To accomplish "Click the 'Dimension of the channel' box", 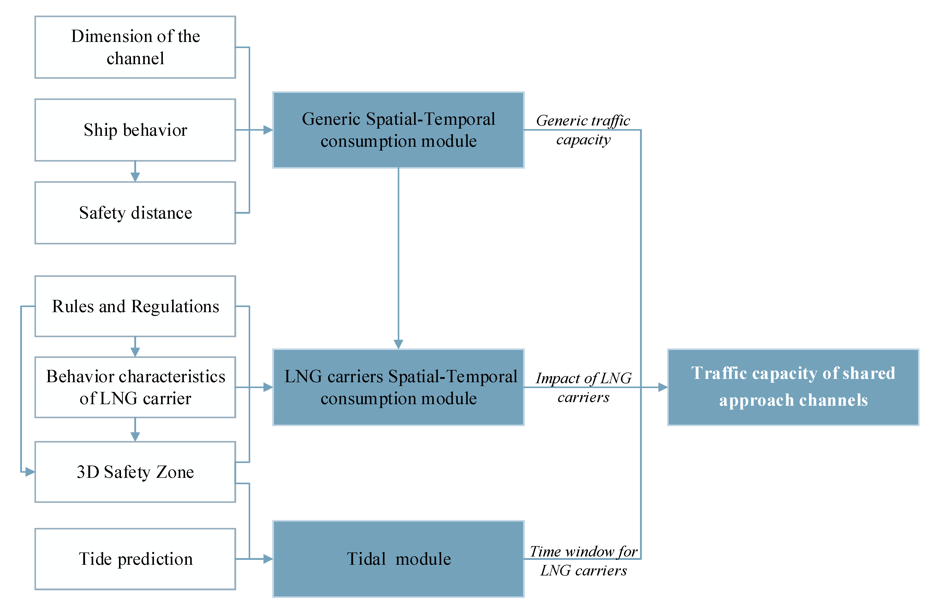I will pyautogui.click(x=135, y=47).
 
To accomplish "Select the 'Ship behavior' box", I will pyautogui.click(x=135, y=130).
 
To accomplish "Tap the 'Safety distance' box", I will pyautogui.click(x=135, y=213).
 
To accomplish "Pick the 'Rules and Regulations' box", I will pyautogui.click(x=135, y=306).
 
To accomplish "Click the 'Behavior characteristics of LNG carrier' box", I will pyautogui.click(x=135, y=387).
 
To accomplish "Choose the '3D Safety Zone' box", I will pyautogui.click(x=135, y=472).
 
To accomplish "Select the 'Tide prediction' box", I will pyautogui.click(x=135, y=559).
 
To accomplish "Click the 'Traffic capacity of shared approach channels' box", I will pyautogui.click(x=793, y=387).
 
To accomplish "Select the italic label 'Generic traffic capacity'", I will pyautogui.click(x=583, y=130).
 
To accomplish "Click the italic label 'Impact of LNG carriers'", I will pyautogui.click(x=583, y=388).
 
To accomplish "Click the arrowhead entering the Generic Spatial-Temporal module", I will pyautogui.click(x=268, y=130).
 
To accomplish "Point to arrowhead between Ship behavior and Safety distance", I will pyautogui.click(x=135, y=177).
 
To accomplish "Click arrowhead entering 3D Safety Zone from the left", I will pyautogui.click(x=30, y=472).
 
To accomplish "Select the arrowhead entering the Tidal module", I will pyautogui.click(x=268, y=559).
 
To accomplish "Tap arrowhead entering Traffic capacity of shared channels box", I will pyautogui.click(x=663, y=387).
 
